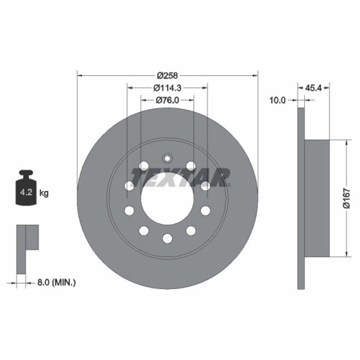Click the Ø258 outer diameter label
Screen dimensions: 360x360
click(167, 75)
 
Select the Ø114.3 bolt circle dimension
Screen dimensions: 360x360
click(167, 88)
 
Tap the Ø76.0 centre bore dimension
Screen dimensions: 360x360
click(167, 100)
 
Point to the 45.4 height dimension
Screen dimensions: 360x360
click(313, 88)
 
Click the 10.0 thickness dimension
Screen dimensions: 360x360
click(277, 100)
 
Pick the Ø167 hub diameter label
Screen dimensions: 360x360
click(346, 198)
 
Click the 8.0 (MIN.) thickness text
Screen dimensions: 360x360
click(56, 282)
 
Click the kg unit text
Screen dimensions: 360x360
click(44, 193)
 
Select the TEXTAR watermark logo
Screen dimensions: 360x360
click(180, 177)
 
